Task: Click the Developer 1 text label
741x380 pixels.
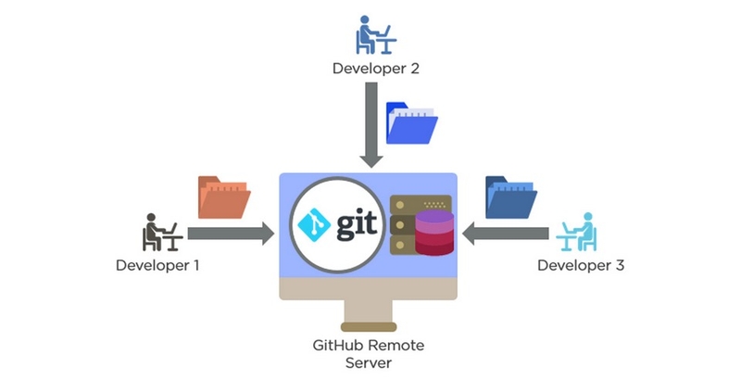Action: tap(157, 265)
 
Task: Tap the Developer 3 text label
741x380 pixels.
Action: tap(581, 265)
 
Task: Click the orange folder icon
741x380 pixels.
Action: tap(224, 197)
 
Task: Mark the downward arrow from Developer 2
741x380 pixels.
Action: tap(370, 125)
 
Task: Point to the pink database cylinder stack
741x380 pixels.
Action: tap(433, 234)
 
